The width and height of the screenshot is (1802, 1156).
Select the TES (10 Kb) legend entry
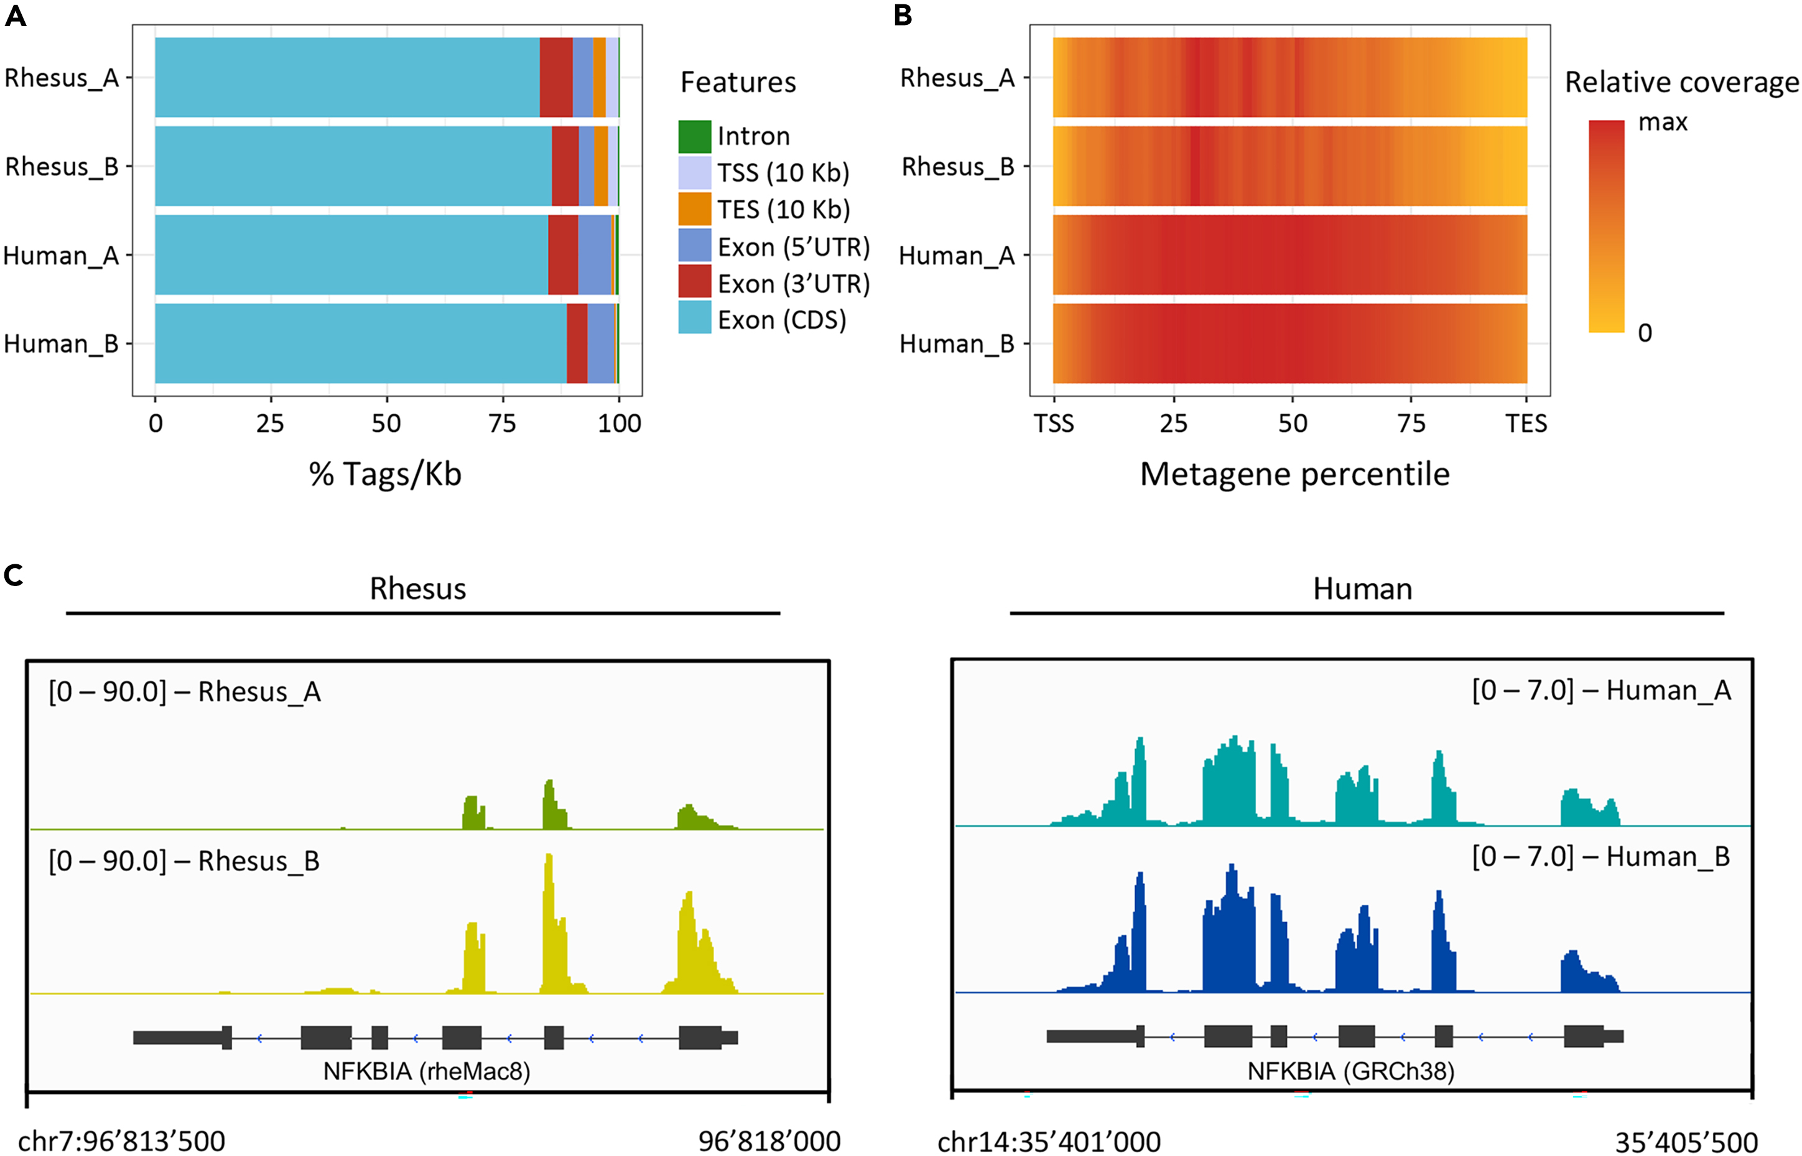pyautogui.click(x=783, y=210)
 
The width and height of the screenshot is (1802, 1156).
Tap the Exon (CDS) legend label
pyautogui.click(x=781, y=320)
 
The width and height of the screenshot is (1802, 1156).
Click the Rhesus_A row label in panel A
pyautogui.click(x=62, y=78)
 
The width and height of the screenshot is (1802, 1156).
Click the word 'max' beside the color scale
pyautogui.click(x=1663, y=121)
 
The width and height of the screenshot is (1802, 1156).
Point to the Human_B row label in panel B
pyautogui.click(x=957, y=344)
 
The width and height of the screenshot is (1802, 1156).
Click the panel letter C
pyautogui.click(x=14, y=576)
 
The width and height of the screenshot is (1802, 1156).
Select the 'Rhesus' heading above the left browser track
pyautogui.click(x=417, y=589)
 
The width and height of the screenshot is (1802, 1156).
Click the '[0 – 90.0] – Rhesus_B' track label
pyautogui.click(x=185, y=861)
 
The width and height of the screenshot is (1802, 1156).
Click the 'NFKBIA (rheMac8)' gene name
pyautogui.click(x=426, y=1071)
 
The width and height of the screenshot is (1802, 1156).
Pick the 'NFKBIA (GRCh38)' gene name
pyautogui.click(x=1351, y=1071)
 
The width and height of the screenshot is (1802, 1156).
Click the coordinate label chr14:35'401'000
pyautogui.click(x=1049, y=1142)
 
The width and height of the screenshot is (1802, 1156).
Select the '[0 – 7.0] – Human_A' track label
pyautogui.click(x=1601, y=691)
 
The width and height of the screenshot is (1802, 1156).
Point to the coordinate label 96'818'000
pyautogui.click(x=769, y=1142)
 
